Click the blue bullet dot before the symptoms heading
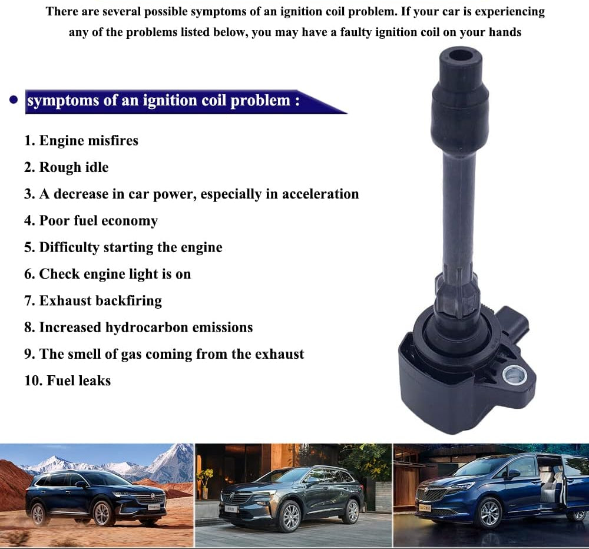(x=14, y=100)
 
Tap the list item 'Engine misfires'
(x=81, y=141)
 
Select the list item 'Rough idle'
(x=67, y=167)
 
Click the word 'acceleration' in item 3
(x=320, y=194)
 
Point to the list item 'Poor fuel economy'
(x=91, y=221)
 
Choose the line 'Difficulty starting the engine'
(x=123, y=247)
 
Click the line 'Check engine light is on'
(x=107, y=274)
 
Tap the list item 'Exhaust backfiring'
(x=93, y=301)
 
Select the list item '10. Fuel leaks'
(x=68, y=381)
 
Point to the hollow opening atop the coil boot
(x=461, y=56)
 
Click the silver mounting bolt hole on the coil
(x=514, y=375)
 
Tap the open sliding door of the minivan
(x=553, y=484)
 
